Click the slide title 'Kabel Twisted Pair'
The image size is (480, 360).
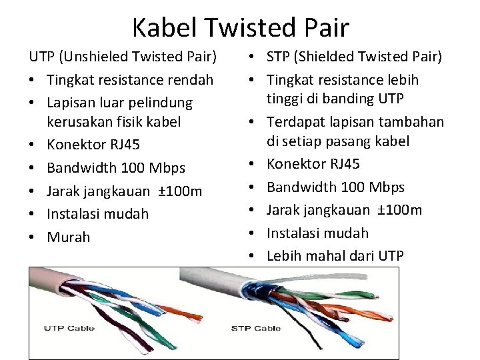pyautogui.click(x=240, y=27)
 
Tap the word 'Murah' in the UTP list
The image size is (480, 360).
pyautogui.click(x=69, y=237)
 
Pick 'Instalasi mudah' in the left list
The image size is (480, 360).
pyautogui.click(x=98, y=214)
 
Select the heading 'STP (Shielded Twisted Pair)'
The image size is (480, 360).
pyautogui.click(x=354, y=57)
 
